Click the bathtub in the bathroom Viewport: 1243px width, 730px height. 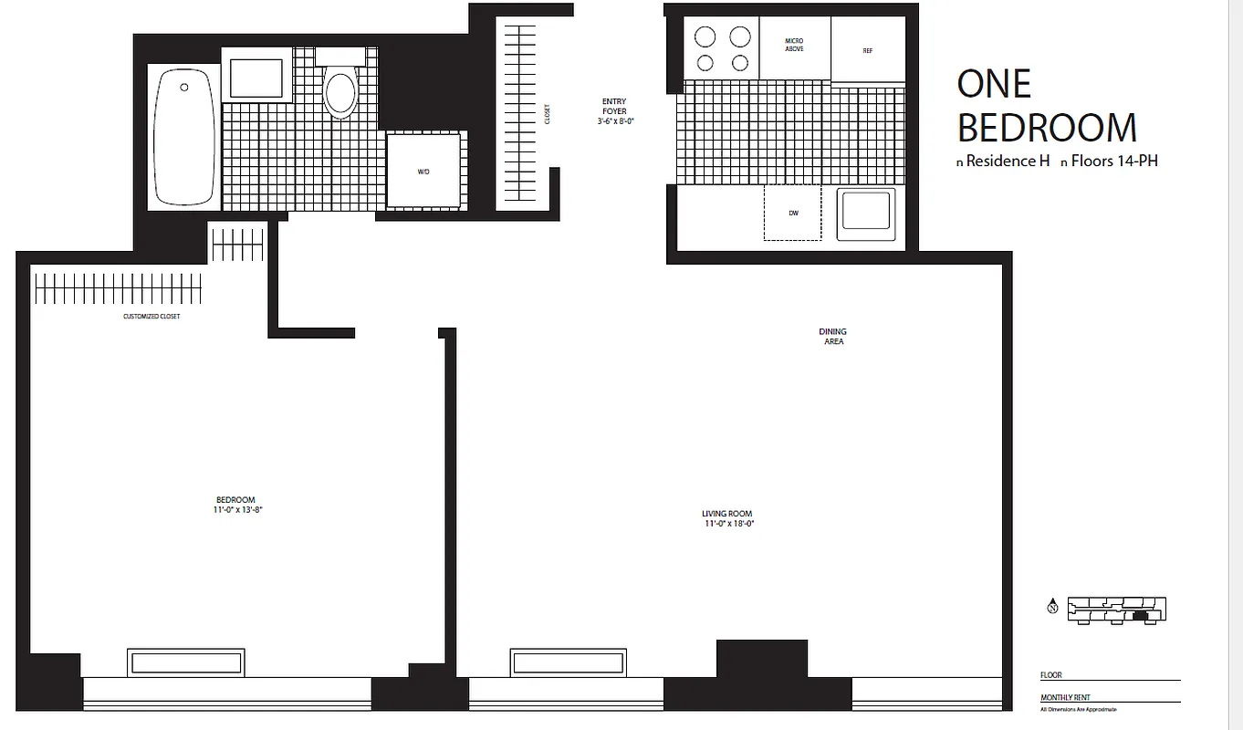184,137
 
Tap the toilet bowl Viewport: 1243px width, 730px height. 340,92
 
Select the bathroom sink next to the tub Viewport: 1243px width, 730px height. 256,78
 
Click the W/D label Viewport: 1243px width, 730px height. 423,172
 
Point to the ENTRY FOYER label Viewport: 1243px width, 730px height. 614,106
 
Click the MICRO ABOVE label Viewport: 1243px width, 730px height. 794,45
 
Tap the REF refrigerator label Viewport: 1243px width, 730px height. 868,51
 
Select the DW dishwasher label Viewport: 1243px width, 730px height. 793,214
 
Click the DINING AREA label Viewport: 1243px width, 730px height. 833,337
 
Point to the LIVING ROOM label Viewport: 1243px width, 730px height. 727,514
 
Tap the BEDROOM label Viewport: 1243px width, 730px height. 235,499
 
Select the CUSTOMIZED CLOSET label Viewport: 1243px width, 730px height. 151,317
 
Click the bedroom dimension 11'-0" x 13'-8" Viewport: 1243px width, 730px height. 235,510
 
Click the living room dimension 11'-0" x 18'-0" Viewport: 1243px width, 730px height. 728,524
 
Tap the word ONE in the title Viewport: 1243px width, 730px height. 994,85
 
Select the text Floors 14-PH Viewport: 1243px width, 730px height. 1114,162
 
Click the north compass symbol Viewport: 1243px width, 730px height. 1052,608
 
